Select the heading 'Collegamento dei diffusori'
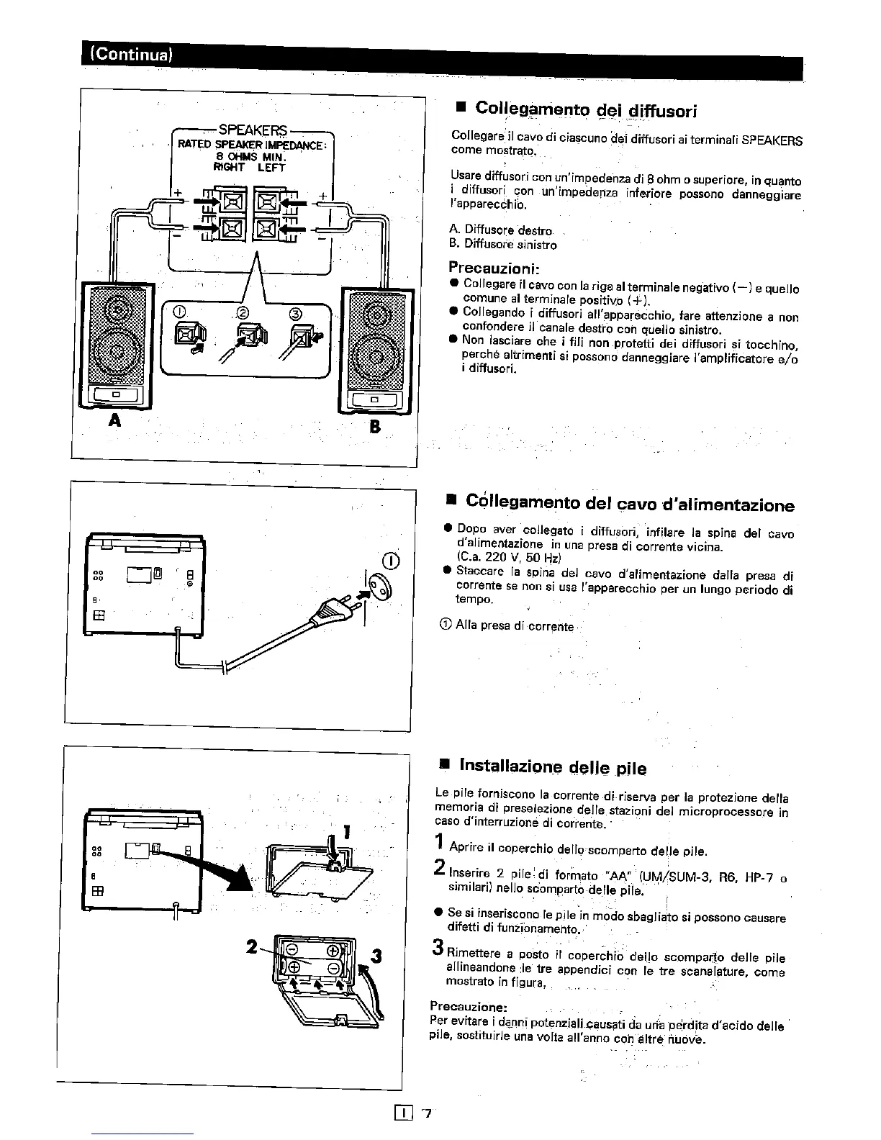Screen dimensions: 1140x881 pos(587,109)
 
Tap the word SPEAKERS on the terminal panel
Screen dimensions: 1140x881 pos(253,130)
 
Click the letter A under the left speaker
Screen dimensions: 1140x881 pos(113,420)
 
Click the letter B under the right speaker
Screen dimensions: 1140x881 pos(374,427)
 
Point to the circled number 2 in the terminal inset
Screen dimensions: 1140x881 pos(242,313)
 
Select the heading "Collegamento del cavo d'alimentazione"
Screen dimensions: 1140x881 pos(630,503)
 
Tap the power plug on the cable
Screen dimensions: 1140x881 pos(327,611)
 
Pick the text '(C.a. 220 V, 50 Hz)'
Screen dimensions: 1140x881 pos(510,557)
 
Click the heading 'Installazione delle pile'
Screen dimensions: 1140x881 pos(552,767)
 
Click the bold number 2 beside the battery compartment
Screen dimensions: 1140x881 pos(252,948)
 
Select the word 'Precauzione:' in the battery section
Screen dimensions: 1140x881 pos(469,1005)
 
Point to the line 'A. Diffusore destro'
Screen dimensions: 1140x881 pos(500,230)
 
